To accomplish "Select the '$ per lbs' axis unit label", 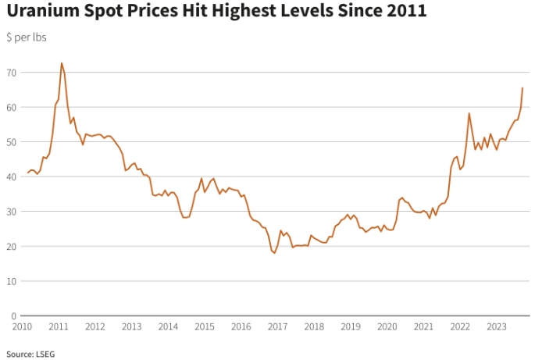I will point(27,37).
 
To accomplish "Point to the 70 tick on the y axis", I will point(12,72).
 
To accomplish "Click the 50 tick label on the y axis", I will point(12,141).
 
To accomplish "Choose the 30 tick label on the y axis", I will point(12,211).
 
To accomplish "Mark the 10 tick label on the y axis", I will point(12,280).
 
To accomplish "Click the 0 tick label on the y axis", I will point(14,315).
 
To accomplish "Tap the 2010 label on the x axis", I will point(22,326).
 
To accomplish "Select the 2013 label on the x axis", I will point(131,326).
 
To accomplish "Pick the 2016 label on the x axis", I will point(241,326).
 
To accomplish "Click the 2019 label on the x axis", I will point(350,326).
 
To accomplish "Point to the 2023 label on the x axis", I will point(496,326).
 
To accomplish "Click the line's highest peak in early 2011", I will point(61,63).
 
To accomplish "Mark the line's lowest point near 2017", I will point(274,252).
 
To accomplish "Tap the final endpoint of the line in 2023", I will point(522,88).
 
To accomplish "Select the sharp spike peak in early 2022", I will point(469,113).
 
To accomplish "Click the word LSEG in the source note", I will point(45,353).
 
